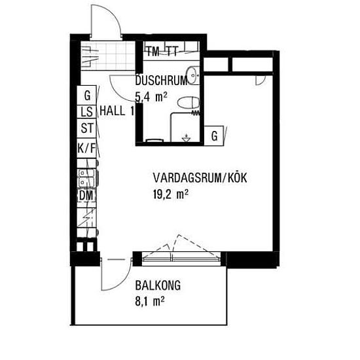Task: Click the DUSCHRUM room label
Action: pyautogui.click(x=162, y=81)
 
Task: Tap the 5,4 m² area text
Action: pyautogui.click(x=151, y=97)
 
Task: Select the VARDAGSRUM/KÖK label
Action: pyautogui.click(x=200, y=178)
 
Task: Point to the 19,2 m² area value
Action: pyautogui.click(x=171, y=194)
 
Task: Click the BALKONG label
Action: pyautogui.click(x=158, y=285)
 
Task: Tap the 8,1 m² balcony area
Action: pyautogui.click(x=150, y=301)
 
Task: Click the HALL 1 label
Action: pyautogui.click(x=117, y=111)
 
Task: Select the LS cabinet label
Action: pyautogui.click(x=87, y=112)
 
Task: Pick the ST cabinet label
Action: pyautogui.click(x=87, y=128)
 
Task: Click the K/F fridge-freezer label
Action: pyautogui.click(x=86, y=148)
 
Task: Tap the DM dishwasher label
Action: pyautogui.click(x=86, y=196)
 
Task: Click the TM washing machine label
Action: pyautogui.click(x=153, y=51)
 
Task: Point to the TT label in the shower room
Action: pyautogui.click(x=172, y=51)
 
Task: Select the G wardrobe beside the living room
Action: pyautogui.click(x=214, y=135)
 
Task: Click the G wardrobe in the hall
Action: pyautogui.click(x=87, y=96)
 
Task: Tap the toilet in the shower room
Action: pyautogui.click(x=189, y=103)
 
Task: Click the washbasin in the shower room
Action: pyautogui.click(x=192, y=75)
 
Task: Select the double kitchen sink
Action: pyautogui.click(x=86, y=178)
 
